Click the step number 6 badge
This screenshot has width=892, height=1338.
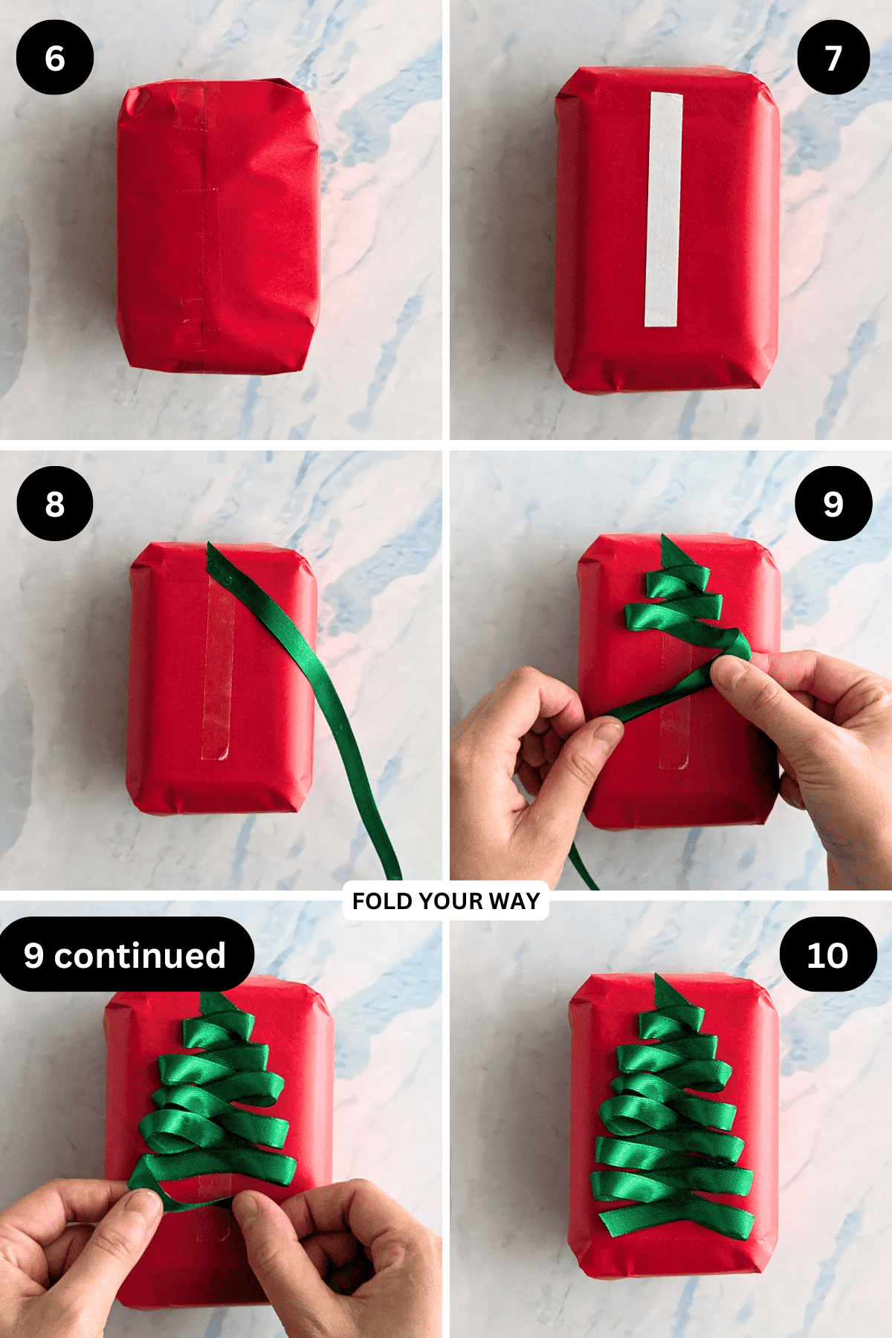click(x=55, y=58)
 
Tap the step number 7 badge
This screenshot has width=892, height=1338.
click(x=833, y=57)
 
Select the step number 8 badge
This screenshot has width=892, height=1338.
click(x=55, y=504)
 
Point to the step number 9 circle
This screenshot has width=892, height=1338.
click(x=833, y=503)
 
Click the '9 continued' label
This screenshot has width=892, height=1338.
click(x=125, y=955)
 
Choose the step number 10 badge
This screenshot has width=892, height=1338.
click(x=828, y=954)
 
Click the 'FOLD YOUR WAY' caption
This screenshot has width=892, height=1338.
click(x=446, y=901)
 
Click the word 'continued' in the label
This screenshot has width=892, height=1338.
click(x=140, y=955)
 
